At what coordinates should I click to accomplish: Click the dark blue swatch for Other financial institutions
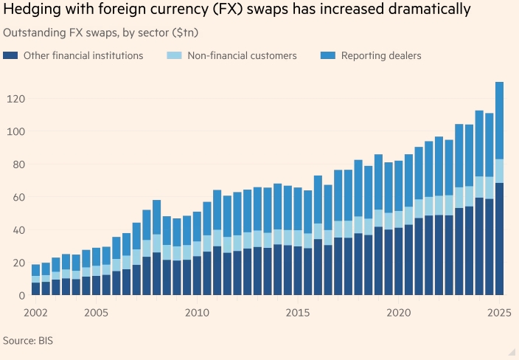tap(10, 55)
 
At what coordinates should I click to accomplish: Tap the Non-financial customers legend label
tap(242, 55)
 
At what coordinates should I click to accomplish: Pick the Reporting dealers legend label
tap(381, 55)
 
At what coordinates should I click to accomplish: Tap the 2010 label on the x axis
tap(196, 313)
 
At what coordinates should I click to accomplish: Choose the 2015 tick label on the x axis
tap(298, 313)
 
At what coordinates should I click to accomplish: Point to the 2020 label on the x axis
tap(399, 313)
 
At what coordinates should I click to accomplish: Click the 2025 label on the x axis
tap(499, 313)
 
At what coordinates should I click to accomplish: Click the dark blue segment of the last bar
tap(499, 239)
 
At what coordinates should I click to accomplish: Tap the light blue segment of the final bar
tap(499, 171)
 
